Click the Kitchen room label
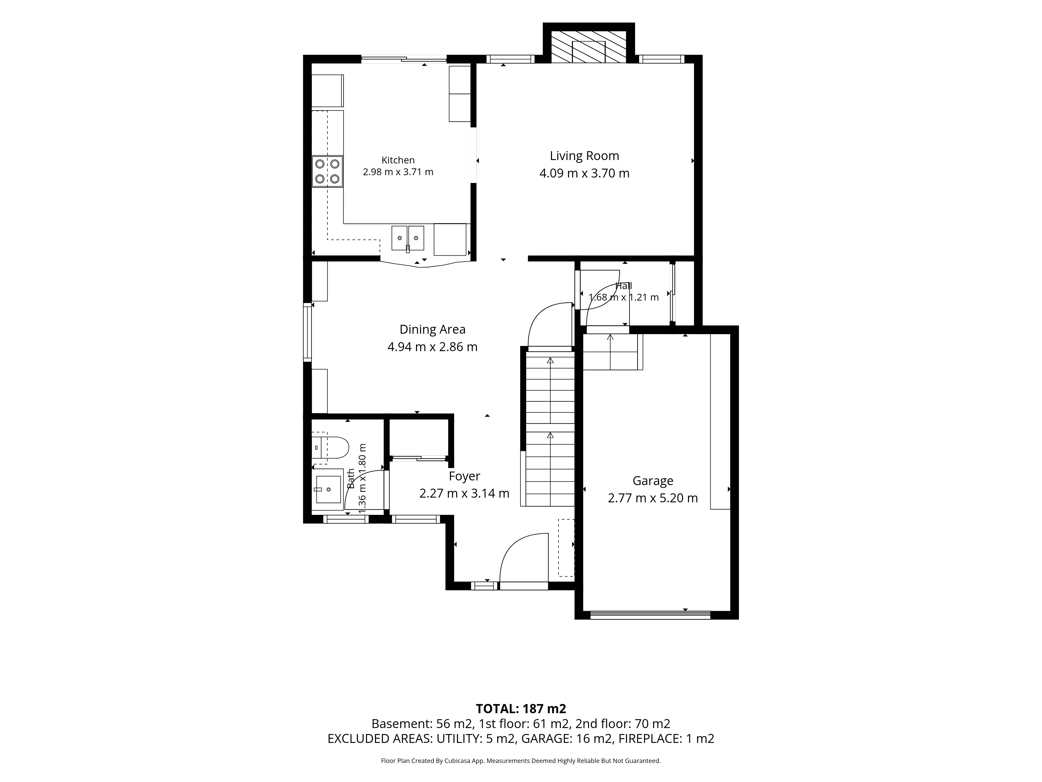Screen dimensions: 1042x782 tap(398, 160)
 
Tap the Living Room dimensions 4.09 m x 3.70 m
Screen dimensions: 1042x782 tap(584, 173)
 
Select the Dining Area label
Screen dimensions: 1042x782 tap(432, 329)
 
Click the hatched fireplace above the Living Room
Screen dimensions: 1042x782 tap(589, 47)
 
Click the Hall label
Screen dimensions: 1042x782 tap(624, 286)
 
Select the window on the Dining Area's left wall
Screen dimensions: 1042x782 tap(307, 332)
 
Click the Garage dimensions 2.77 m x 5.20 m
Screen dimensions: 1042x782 tap(653, 498)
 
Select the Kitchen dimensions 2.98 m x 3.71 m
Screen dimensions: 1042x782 tap(398, 172)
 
